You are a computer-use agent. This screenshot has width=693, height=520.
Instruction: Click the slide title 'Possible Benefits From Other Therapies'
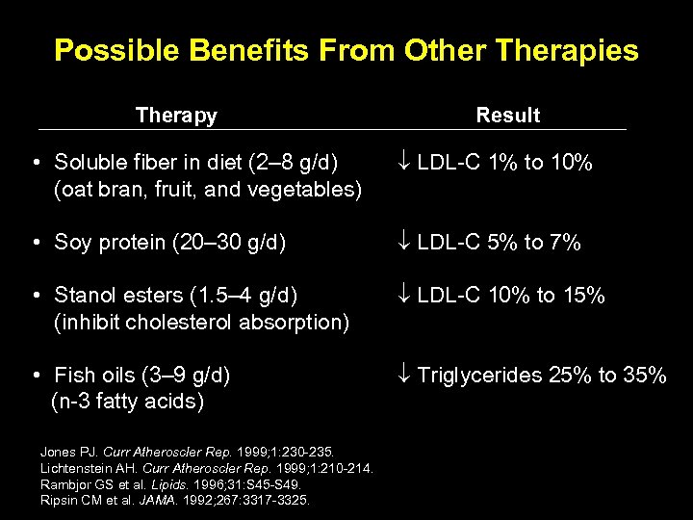click(x=346, y=50)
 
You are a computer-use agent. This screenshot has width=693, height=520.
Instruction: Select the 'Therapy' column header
click(x=176, y=116)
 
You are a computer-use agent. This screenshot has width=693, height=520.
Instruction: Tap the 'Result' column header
click(x=507, y=116)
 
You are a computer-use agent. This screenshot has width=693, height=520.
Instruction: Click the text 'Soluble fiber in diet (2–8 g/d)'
click(x=208, y=163)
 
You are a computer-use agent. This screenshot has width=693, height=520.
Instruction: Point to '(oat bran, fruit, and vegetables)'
click(x=208, y=190)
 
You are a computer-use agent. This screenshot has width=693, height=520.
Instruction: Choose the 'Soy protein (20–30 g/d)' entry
click(x=170, y=243)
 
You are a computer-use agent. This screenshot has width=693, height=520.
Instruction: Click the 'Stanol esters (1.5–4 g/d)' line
click(x=176, y=295)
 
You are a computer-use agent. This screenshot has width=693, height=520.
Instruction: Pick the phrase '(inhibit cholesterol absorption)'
click(x=201, y=322)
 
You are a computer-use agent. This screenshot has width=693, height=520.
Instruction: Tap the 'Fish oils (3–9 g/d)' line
click(x=142, y=375)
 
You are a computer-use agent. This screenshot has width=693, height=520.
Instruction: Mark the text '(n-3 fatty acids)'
click(x=127, y=402)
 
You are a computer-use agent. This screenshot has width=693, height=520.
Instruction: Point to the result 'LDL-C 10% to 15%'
click(x=510, y=295)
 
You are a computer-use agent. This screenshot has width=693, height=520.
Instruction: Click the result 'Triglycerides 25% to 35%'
click(x=542, y=375)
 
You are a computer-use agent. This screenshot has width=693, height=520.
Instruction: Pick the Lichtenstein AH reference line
click(x=206, y=468)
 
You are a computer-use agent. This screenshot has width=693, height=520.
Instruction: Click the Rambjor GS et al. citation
click(x=170, y=484)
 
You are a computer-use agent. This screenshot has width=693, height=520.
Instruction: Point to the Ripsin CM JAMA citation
click(x=175, y=501)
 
